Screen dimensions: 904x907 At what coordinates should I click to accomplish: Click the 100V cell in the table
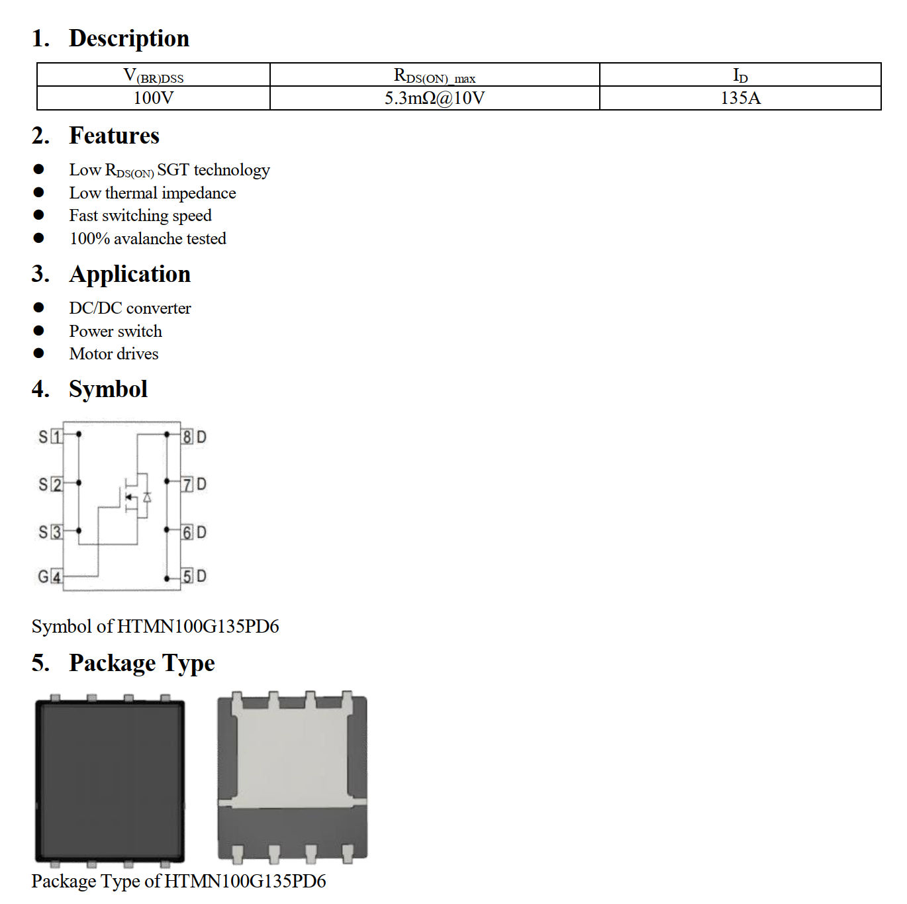(x=154, y=98)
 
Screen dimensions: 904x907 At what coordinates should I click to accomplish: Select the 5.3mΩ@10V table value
(x=434, y=98)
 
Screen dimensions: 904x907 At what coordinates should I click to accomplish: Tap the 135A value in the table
(x=740, y=98)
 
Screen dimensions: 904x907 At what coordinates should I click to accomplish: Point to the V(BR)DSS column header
(x=154, y=75)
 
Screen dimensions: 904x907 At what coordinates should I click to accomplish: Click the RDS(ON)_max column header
(x=434, y=75)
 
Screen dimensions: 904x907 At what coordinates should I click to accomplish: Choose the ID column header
(x=740, y=75)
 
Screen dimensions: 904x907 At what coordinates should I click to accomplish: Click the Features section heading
(x=114, y=136)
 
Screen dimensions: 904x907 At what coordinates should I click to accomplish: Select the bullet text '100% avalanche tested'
(x=148, y=238)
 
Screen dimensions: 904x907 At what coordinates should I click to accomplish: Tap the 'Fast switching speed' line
(x=140, y=216)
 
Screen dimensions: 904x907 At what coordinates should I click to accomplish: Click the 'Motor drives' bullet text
(x=114, y=354)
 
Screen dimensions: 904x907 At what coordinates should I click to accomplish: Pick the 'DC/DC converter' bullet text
(x=130, y=308)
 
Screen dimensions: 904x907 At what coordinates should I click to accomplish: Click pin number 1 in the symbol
(x=57, y=437)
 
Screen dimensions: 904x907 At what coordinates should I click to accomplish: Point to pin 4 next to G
(x=57, y=577)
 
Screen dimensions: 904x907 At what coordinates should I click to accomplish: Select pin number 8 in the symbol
(x=187, y=437)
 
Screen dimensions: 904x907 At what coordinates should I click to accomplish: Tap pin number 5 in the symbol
(x=187, y=576)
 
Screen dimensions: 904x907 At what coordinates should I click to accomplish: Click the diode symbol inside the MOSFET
(x=147, y=497)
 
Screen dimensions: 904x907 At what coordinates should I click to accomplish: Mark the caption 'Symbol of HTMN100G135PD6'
(x=155, y=626)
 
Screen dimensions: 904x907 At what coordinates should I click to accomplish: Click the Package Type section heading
(x=142, y=663)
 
